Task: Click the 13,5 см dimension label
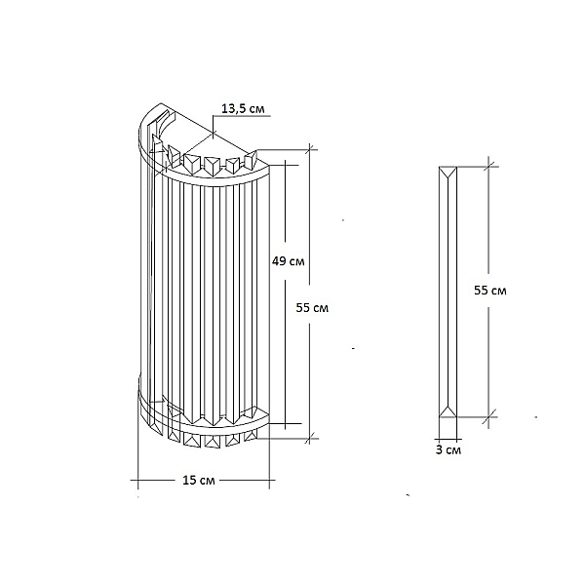click(243, 108)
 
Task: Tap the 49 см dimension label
click(288, 261)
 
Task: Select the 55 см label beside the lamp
click(312, 308)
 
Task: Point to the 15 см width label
click(199, 480)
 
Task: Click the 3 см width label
click(448, 449)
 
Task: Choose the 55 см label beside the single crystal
click(490, 291)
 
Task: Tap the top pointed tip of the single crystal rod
click(448, 175)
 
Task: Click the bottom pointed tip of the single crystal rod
click(448, 408)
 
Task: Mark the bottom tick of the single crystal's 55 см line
click(488, 416)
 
